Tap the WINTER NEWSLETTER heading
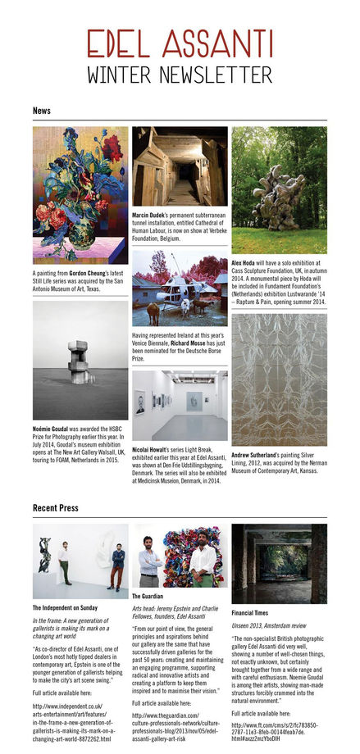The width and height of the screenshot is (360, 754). pyautogui.click(x=180, y=75)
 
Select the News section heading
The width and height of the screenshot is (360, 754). pyautogui.click(x=43, y=110)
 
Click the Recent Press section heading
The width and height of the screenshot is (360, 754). pyautogui.click(x=56, y=508)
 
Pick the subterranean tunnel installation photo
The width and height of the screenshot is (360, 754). pyautogui.click(x=180, y=166)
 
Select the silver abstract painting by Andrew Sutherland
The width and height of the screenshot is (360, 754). pyautogui.click(x=279, y=379)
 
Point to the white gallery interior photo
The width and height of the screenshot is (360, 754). pyautogui.click(x=180, y=406)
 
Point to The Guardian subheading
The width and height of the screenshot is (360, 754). pyautogui.click(x=148, y=597)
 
